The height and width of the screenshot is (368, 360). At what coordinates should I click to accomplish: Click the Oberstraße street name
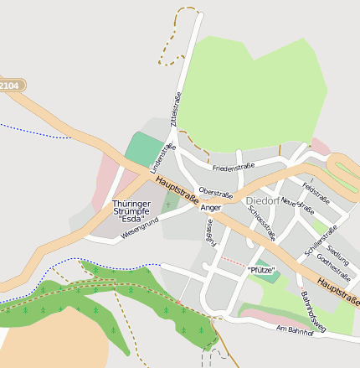214,191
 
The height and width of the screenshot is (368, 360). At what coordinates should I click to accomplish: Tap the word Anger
211,207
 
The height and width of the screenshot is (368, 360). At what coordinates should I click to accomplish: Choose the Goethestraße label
333,268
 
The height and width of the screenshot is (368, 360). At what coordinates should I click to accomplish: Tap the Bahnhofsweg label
311,308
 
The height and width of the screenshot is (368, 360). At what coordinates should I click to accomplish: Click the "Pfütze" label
261,269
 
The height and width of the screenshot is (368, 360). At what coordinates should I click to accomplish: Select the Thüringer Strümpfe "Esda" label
131,210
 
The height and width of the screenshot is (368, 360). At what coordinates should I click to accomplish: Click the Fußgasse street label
209,231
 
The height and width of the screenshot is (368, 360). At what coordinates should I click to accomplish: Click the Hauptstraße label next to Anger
177,189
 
